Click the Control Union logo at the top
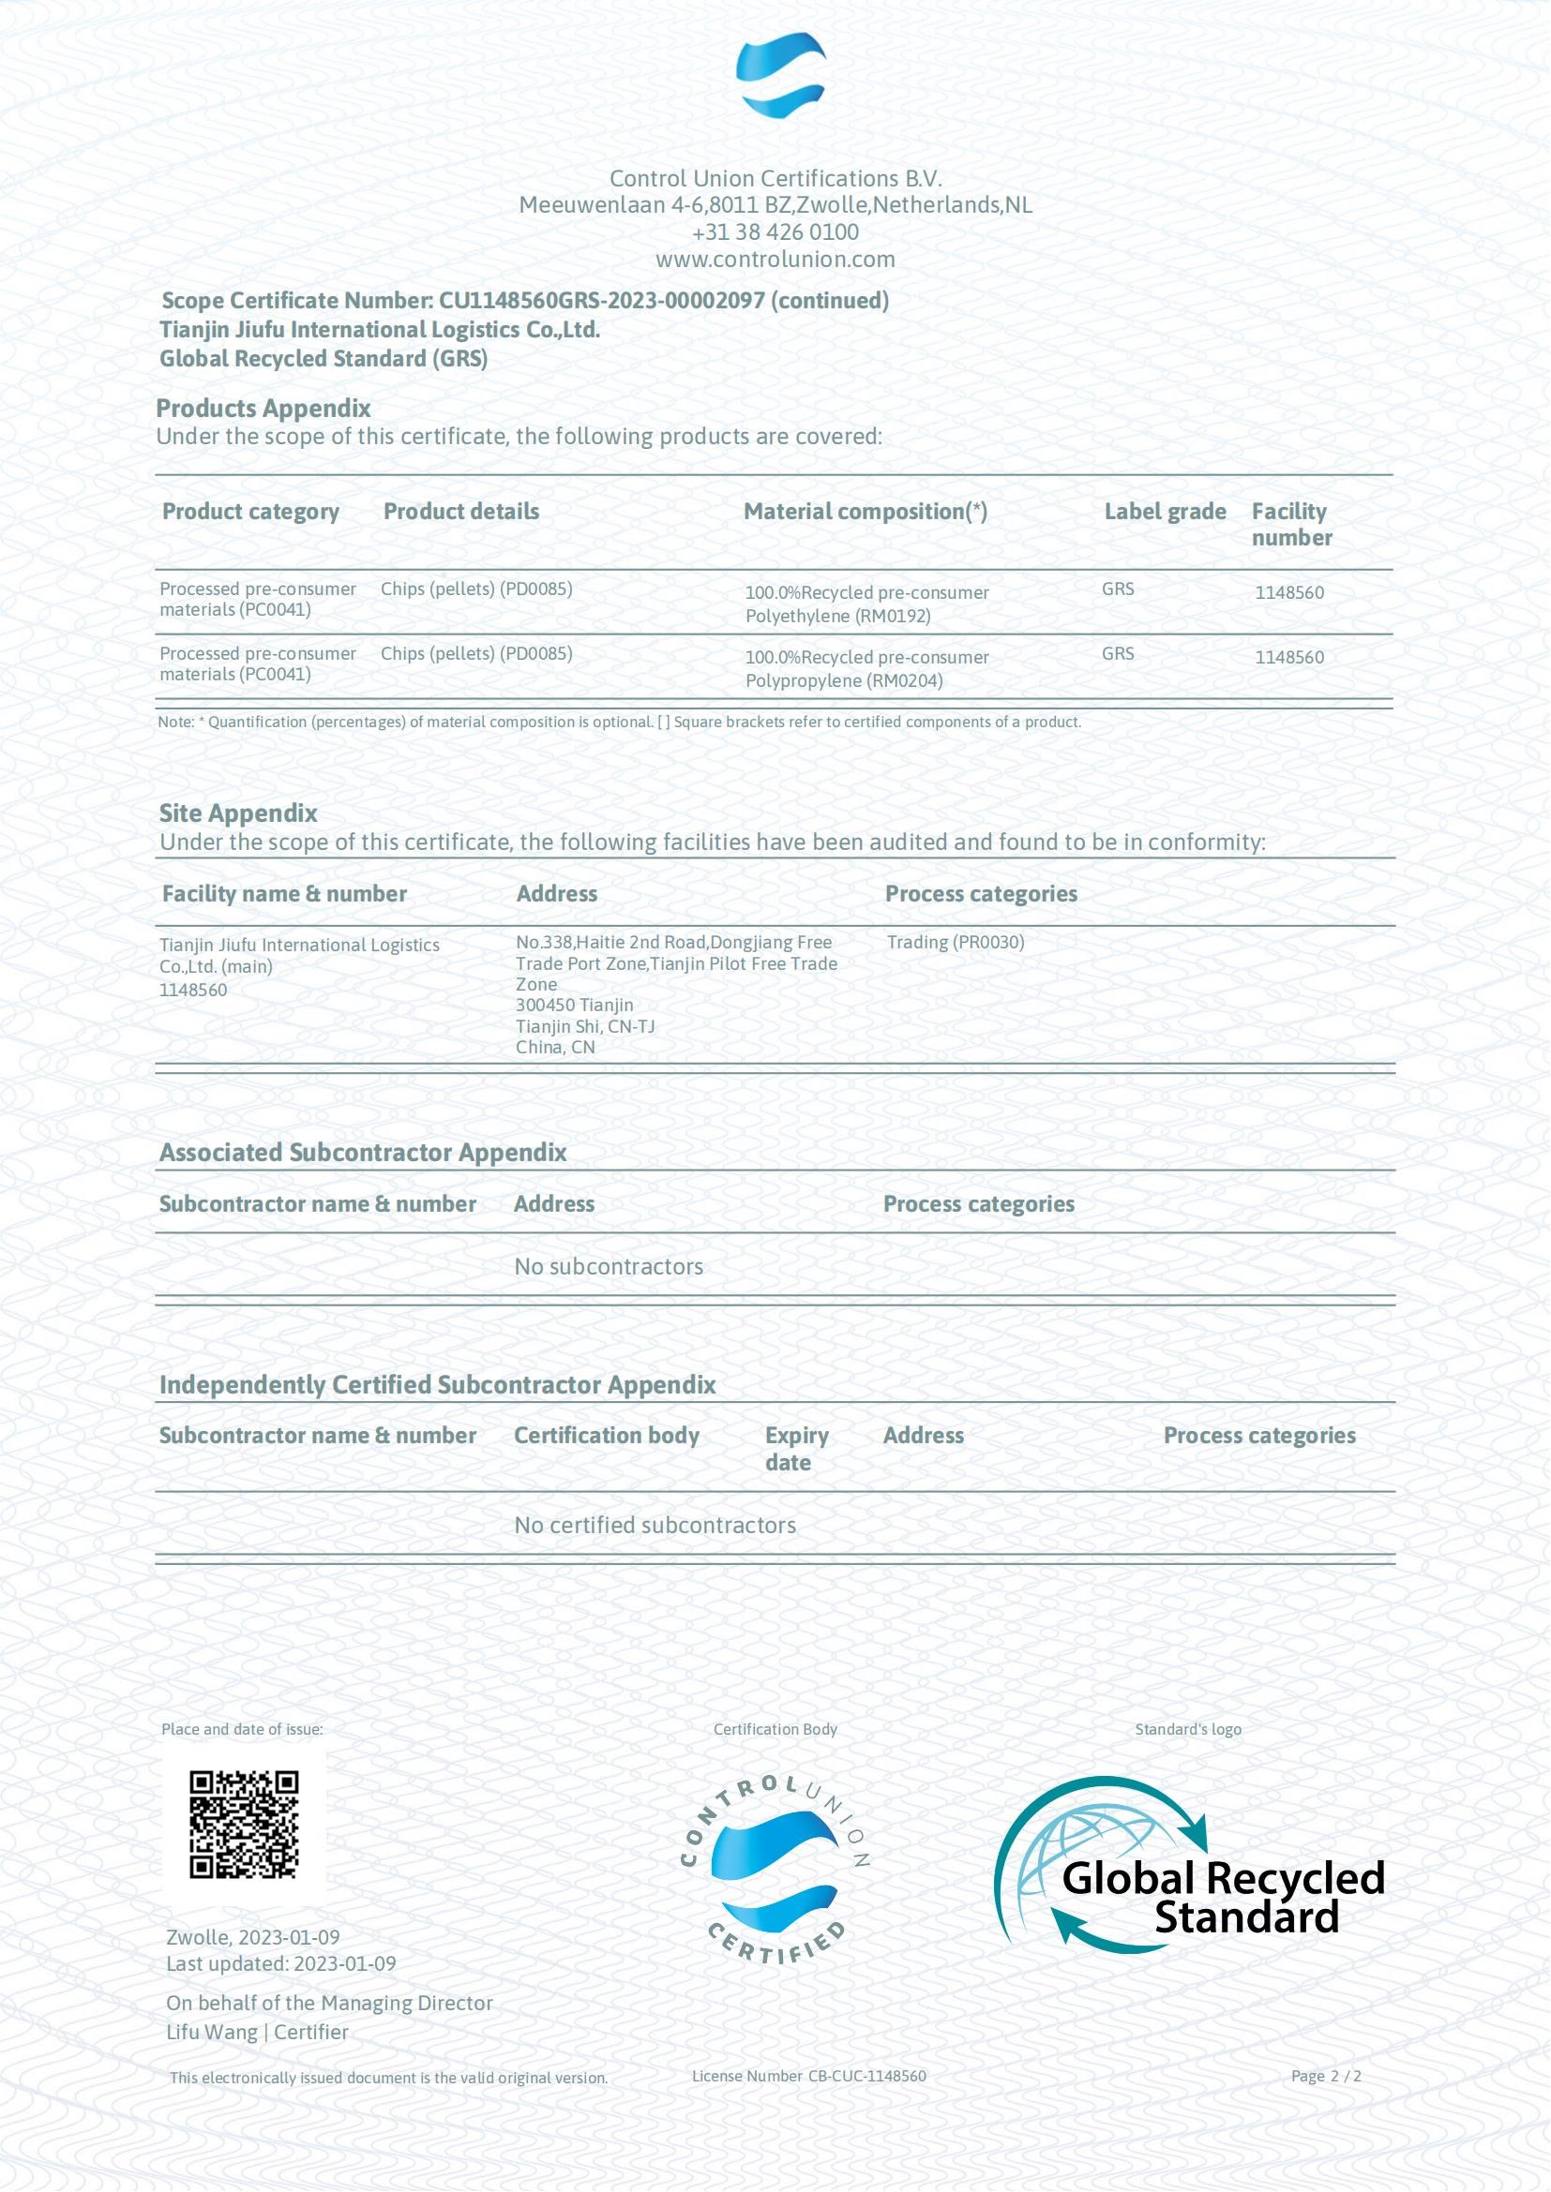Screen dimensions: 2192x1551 [x=780, y=75]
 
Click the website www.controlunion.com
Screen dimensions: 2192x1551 [x=775, y=260]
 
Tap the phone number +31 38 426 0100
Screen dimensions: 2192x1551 [x=775, y=232]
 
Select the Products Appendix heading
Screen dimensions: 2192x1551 [x=263, y=409]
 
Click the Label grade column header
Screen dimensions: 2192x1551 [x=1165, y=512]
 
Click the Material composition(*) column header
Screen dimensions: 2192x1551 [x=865, y=512]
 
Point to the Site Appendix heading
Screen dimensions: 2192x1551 [x=238, y=813]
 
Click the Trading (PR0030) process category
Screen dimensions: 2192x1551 [x=955, y=942]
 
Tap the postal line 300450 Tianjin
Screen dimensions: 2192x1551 [x=574, y=1006]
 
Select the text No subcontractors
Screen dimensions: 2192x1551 [x=609, y=1267]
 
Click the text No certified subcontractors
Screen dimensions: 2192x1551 [x=655, y=1526]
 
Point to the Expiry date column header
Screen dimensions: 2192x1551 [x=795, y=1449]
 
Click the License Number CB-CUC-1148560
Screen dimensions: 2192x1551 [x=808, y=2077]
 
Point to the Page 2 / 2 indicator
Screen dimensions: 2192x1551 [x=1326, y=2077]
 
